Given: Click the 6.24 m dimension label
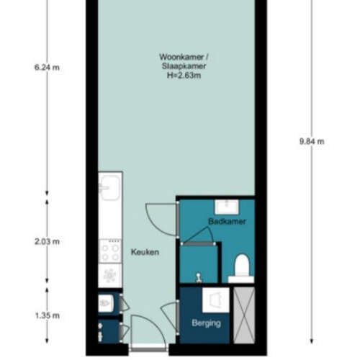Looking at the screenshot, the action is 47,68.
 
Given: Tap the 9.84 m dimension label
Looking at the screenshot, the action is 312,141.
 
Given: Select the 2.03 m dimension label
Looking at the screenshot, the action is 47,241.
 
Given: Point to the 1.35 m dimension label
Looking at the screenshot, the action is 48,315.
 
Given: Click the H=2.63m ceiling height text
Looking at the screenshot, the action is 184,76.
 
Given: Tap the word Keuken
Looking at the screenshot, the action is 145,252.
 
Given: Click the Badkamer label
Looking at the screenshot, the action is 227,221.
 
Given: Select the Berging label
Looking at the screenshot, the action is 206,323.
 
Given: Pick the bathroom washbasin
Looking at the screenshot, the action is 227,207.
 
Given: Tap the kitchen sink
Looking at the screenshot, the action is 110,188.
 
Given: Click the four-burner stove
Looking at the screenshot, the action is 110,251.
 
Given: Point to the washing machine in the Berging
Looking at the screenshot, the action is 216,300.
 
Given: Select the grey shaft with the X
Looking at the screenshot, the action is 244,315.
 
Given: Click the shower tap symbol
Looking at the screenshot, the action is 199,278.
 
